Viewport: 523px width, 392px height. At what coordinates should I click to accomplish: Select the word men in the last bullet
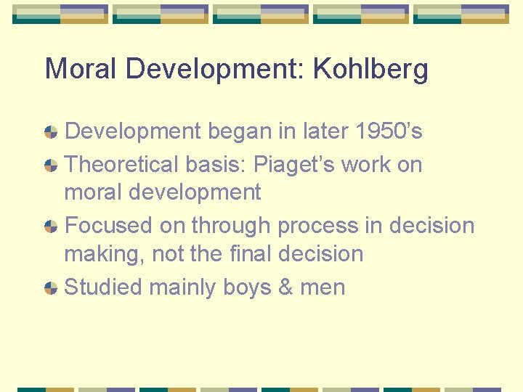pos(323,287)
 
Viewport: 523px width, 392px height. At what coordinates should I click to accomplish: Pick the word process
pos(318,226)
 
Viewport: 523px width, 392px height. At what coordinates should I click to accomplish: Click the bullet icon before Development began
pos(51,132)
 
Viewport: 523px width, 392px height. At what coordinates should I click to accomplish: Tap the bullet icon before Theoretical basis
pos(51,166)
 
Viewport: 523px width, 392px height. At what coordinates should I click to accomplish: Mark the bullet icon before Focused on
pos(51,226)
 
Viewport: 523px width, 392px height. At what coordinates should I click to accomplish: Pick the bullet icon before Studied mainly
pos(51,287)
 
